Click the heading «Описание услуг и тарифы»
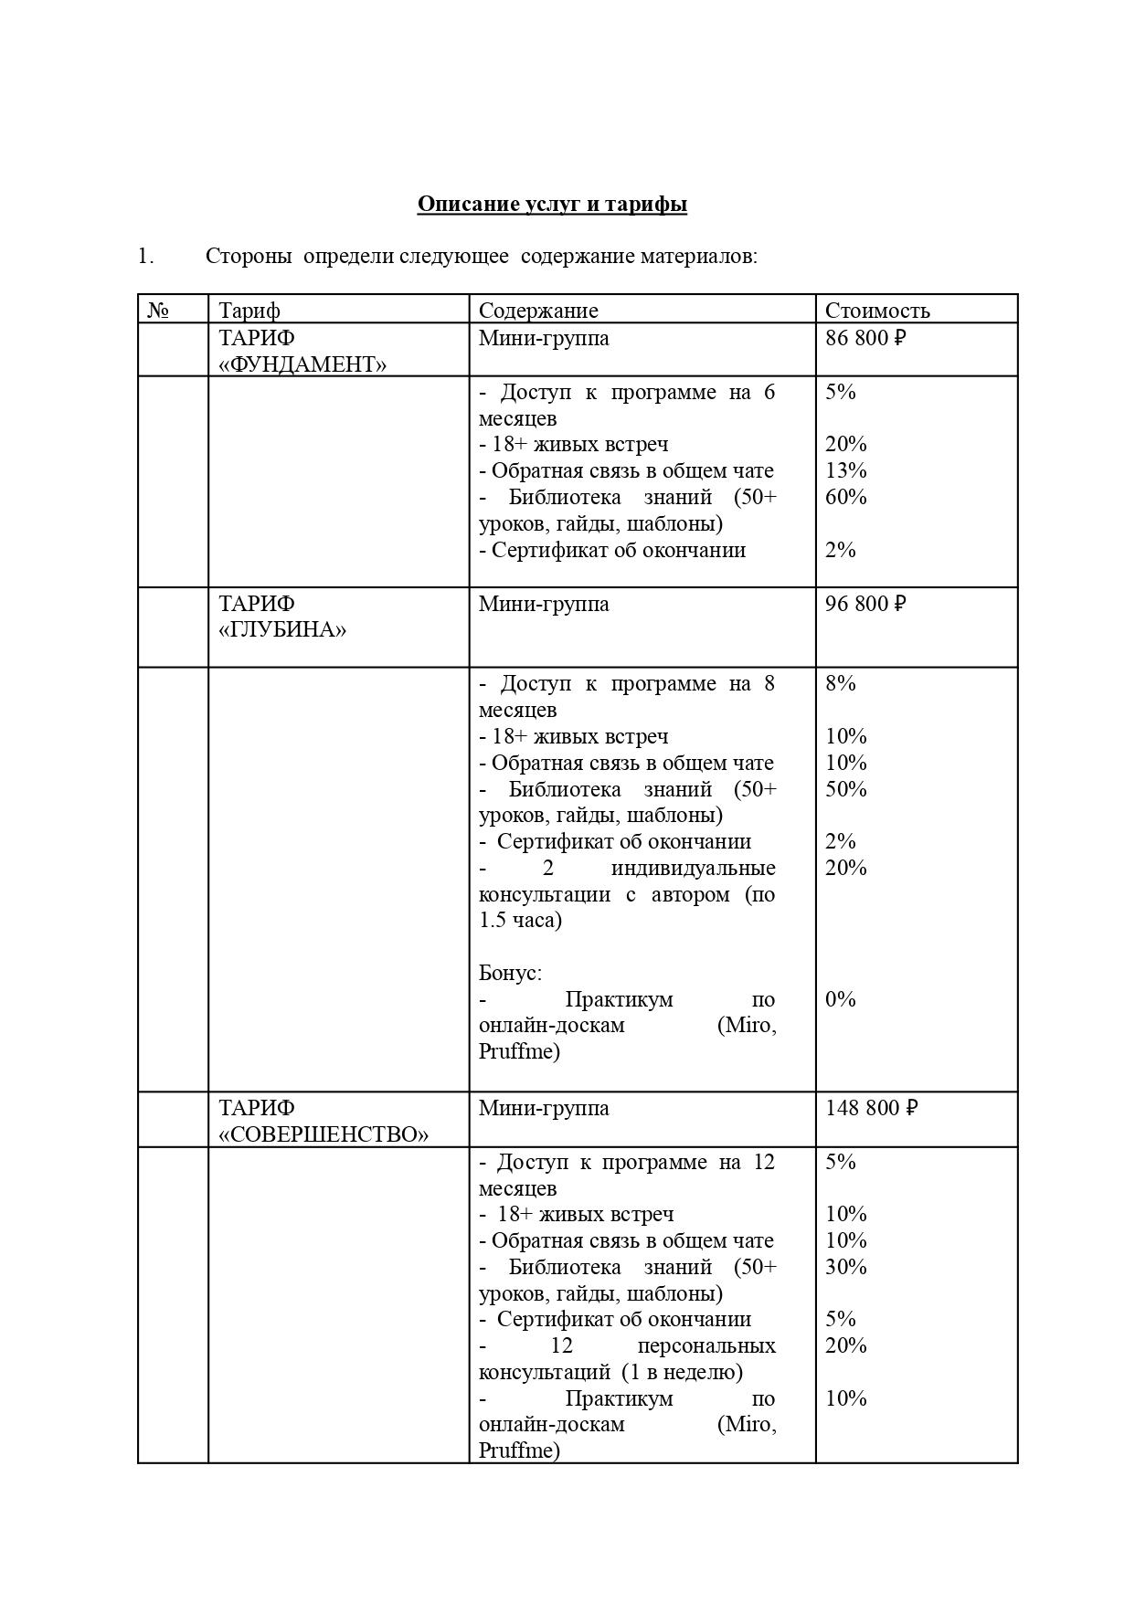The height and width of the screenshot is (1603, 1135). pyautogui.click(x=552, y=204)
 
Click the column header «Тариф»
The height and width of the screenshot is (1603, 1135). pyautogui.click(x=249, y=311)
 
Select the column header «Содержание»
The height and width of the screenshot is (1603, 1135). pyautogui.click(x=537, y=311)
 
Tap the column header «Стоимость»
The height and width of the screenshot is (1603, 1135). pyautogui.click(x=876, y=311)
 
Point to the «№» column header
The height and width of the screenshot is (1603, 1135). pyautogui.click(x=158, y=311)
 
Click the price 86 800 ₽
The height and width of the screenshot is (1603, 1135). pyautogui.click(x=865, y=339)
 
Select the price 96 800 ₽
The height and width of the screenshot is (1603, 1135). pyautogui.click(x=865, y=605)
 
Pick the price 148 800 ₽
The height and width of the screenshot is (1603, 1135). pyautogui.click(x=871, y=1108)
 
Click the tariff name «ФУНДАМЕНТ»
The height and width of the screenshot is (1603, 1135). pyautogui.click(x=302, y=365)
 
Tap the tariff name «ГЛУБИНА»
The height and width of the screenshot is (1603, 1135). pyautogui.click(x=282, y=630)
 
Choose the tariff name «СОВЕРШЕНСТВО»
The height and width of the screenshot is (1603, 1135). pyautogui.click(x=324, y=1134)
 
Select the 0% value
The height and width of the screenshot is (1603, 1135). pyautogui.click(x=840, y=999)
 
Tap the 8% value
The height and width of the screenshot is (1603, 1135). pyautogui.click(x=840, y=683)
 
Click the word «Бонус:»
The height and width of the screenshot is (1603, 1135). pyautogui.click(x=510, y=973)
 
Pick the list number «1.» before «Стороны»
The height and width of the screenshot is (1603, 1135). pyautogui.click(x=145, y=257)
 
